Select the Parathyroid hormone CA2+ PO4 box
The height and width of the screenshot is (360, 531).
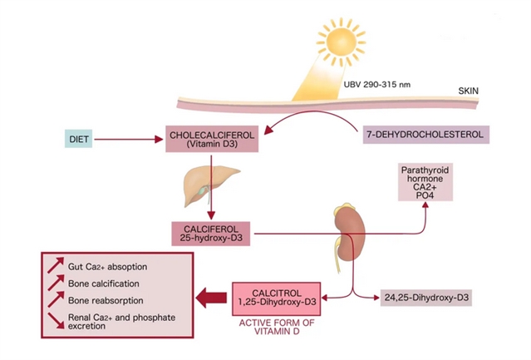point(425,184)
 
